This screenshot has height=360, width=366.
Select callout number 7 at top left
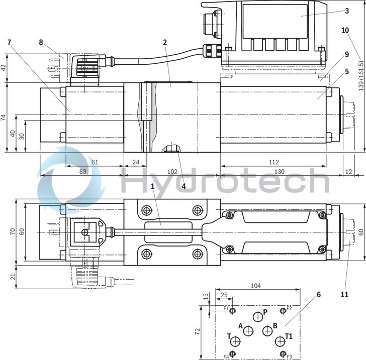coord(9,42)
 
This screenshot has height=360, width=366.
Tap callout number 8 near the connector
coord(41,42)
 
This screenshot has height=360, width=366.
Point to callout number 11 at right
coord(344,295)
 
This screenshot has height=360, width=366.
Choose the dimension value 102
coord(171,171)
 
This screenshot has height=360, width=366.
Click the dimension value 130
coord(279,171)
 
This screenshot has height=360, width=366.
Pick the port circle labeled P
coord(258,317)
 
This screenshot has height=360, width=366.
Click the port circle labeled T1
coord(280,341)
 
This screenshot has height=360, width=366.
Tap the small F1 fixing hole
coord(232,311)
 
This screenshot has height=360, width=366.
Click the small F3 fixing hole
coord(284,352)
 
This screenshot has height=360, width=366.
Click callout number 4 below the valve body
coord(184,185)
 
